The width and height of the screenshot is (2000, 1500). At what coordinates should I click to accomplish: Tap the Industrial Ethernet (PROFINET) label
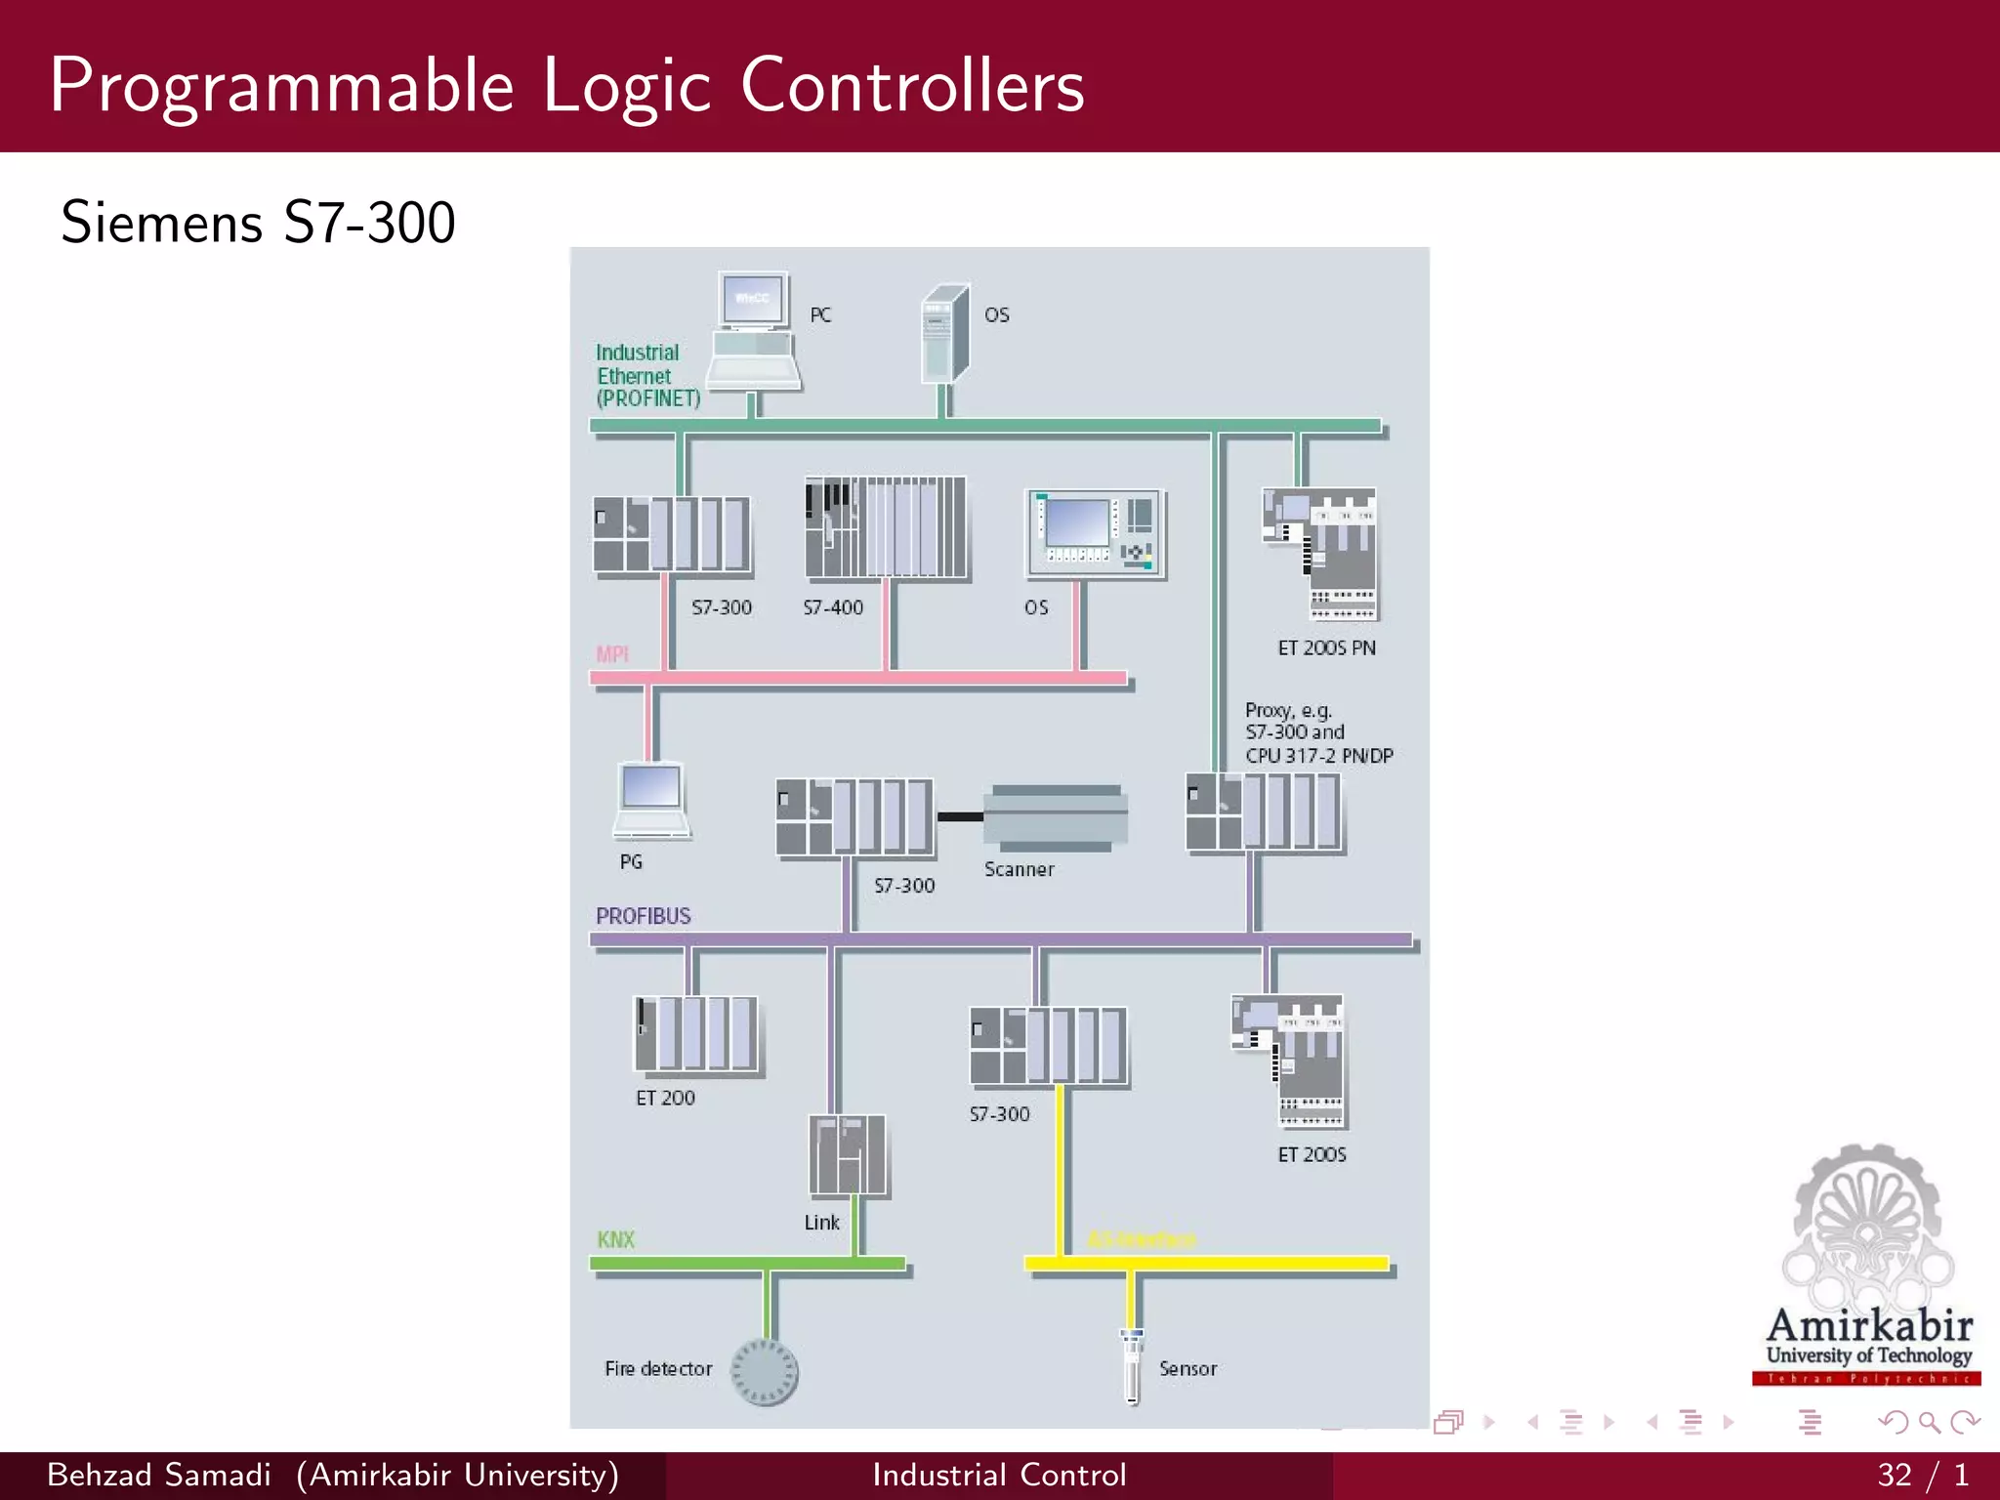coord(647,376)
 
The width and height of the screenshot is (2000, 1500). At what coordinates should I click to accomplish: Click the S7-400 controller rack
coord(885,528)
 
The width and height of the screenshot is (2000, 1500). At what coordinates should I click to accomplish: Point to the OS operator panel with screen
coord(1094,533)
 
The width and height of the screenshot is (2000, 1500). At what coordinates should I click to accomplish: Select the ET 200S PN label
coord(1326,648)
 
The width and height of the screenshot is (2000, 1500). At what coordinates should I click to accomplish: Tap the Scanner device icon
coord(1055,816)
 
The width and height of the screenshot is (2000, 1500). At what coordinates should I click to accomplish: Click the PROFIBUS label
coord(643,916)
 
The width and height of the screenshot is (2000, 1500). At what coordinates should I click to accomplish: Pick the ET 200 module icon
coord(696,1034)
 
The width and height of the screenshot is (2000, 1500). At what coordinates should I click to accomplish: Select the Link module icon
coord(848,1156)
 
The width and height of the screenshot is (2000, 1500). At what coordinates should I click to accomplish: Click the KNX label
coord(615,1240)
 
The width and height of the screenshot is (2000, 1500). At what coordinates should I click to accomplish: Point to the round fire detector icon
coord(765,1372)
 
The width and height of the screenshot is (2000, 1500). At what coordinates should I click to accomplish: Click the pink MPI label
coord(612,654)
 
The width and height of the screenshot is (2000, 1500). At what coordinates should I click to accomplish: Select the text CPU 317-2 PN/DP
coord(1318,756)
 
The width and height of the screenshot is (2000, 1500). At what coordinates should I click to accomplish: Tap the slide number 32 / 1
coord(1922,1475)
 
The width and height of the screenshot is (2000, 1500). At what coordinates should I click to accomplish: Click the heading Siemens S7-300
coord(258,222)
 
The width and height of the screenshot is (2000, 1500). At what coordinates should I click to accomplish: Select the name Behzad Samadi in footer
coord(159,1475)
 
